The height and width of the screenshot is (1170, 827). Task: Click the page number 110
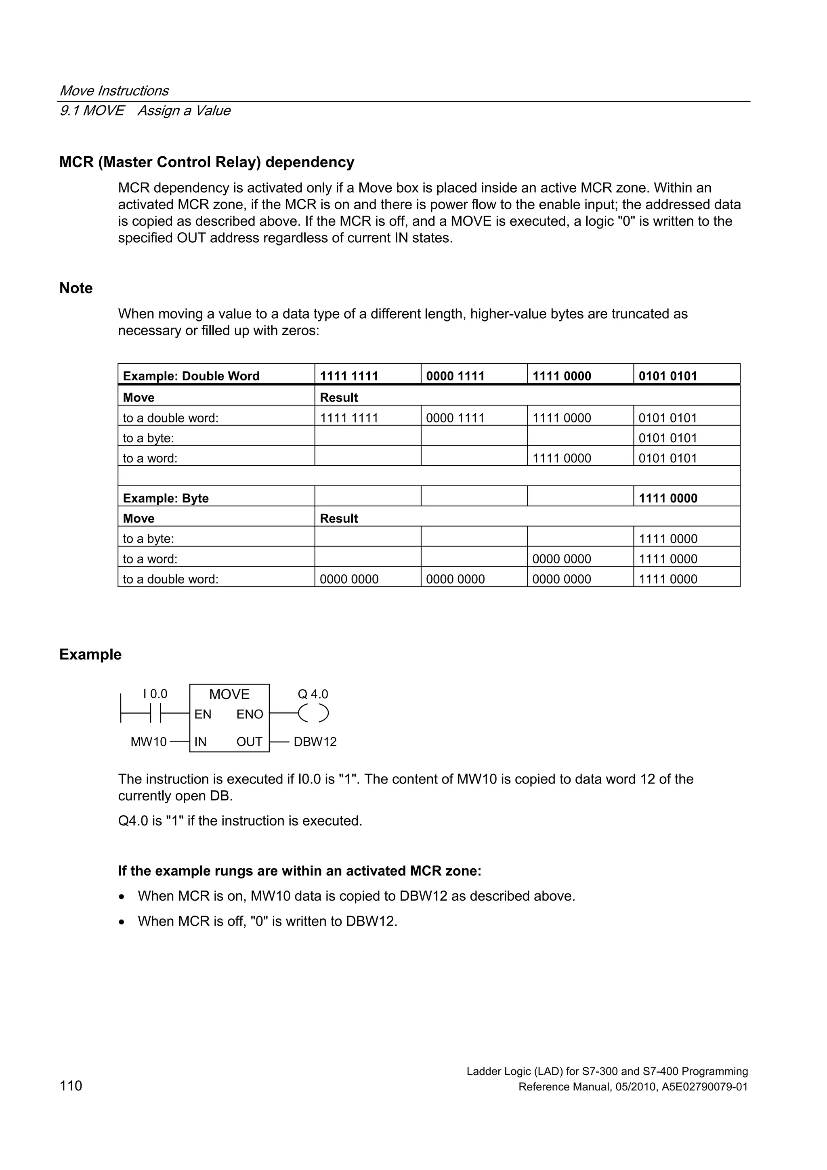click(x=71, y=1086)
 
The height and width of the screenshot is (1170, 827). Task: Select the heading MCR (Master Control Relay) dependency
click(x=207, y=162)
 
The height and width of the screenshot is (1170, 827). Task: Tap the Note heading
click(x=76, y=288)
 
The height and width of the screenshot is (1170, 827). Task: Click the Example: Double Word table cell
click(x=191, y=376)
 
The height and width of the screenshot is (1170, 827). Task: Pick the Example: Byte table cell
click(x=166, y=498)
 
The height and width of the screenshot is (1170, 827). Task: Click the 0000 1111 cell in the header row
click(x=455, y=376)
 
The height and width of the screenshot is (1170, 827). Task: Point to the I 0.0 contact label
click(x=155, y=694)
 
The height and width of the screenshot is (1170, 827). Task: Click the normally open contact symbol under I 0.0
click(x=156, y=713)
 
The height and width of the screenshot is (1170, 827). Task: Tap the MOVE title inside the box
click(x=229, y=694)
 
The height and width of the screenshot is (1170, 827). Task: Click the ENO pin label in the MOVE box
click(x=250, y=714)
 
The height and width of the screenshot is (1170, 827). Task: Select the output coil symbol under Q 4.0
click(x=313, y=713)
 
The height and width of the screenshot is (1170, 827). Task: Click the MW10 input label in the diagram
click(x=148, y=742)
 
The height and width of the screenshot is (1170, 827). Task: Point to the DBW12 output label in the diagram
click(x=315, y=742)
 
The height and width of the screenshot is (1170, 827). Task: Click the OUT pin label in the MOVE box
click(x=249, y=742)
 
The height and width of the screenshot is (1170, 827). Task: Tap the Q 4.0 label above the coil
click(x=313, y=694)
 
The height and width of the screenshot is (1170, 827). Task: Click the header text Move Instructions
click(x=114, y=91)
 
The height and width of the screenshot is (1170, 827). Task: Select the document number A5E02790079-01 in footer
click(x=705, y=1087)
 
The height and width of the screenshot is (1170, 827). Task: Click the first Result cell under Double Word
click(x=339, y=397)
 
